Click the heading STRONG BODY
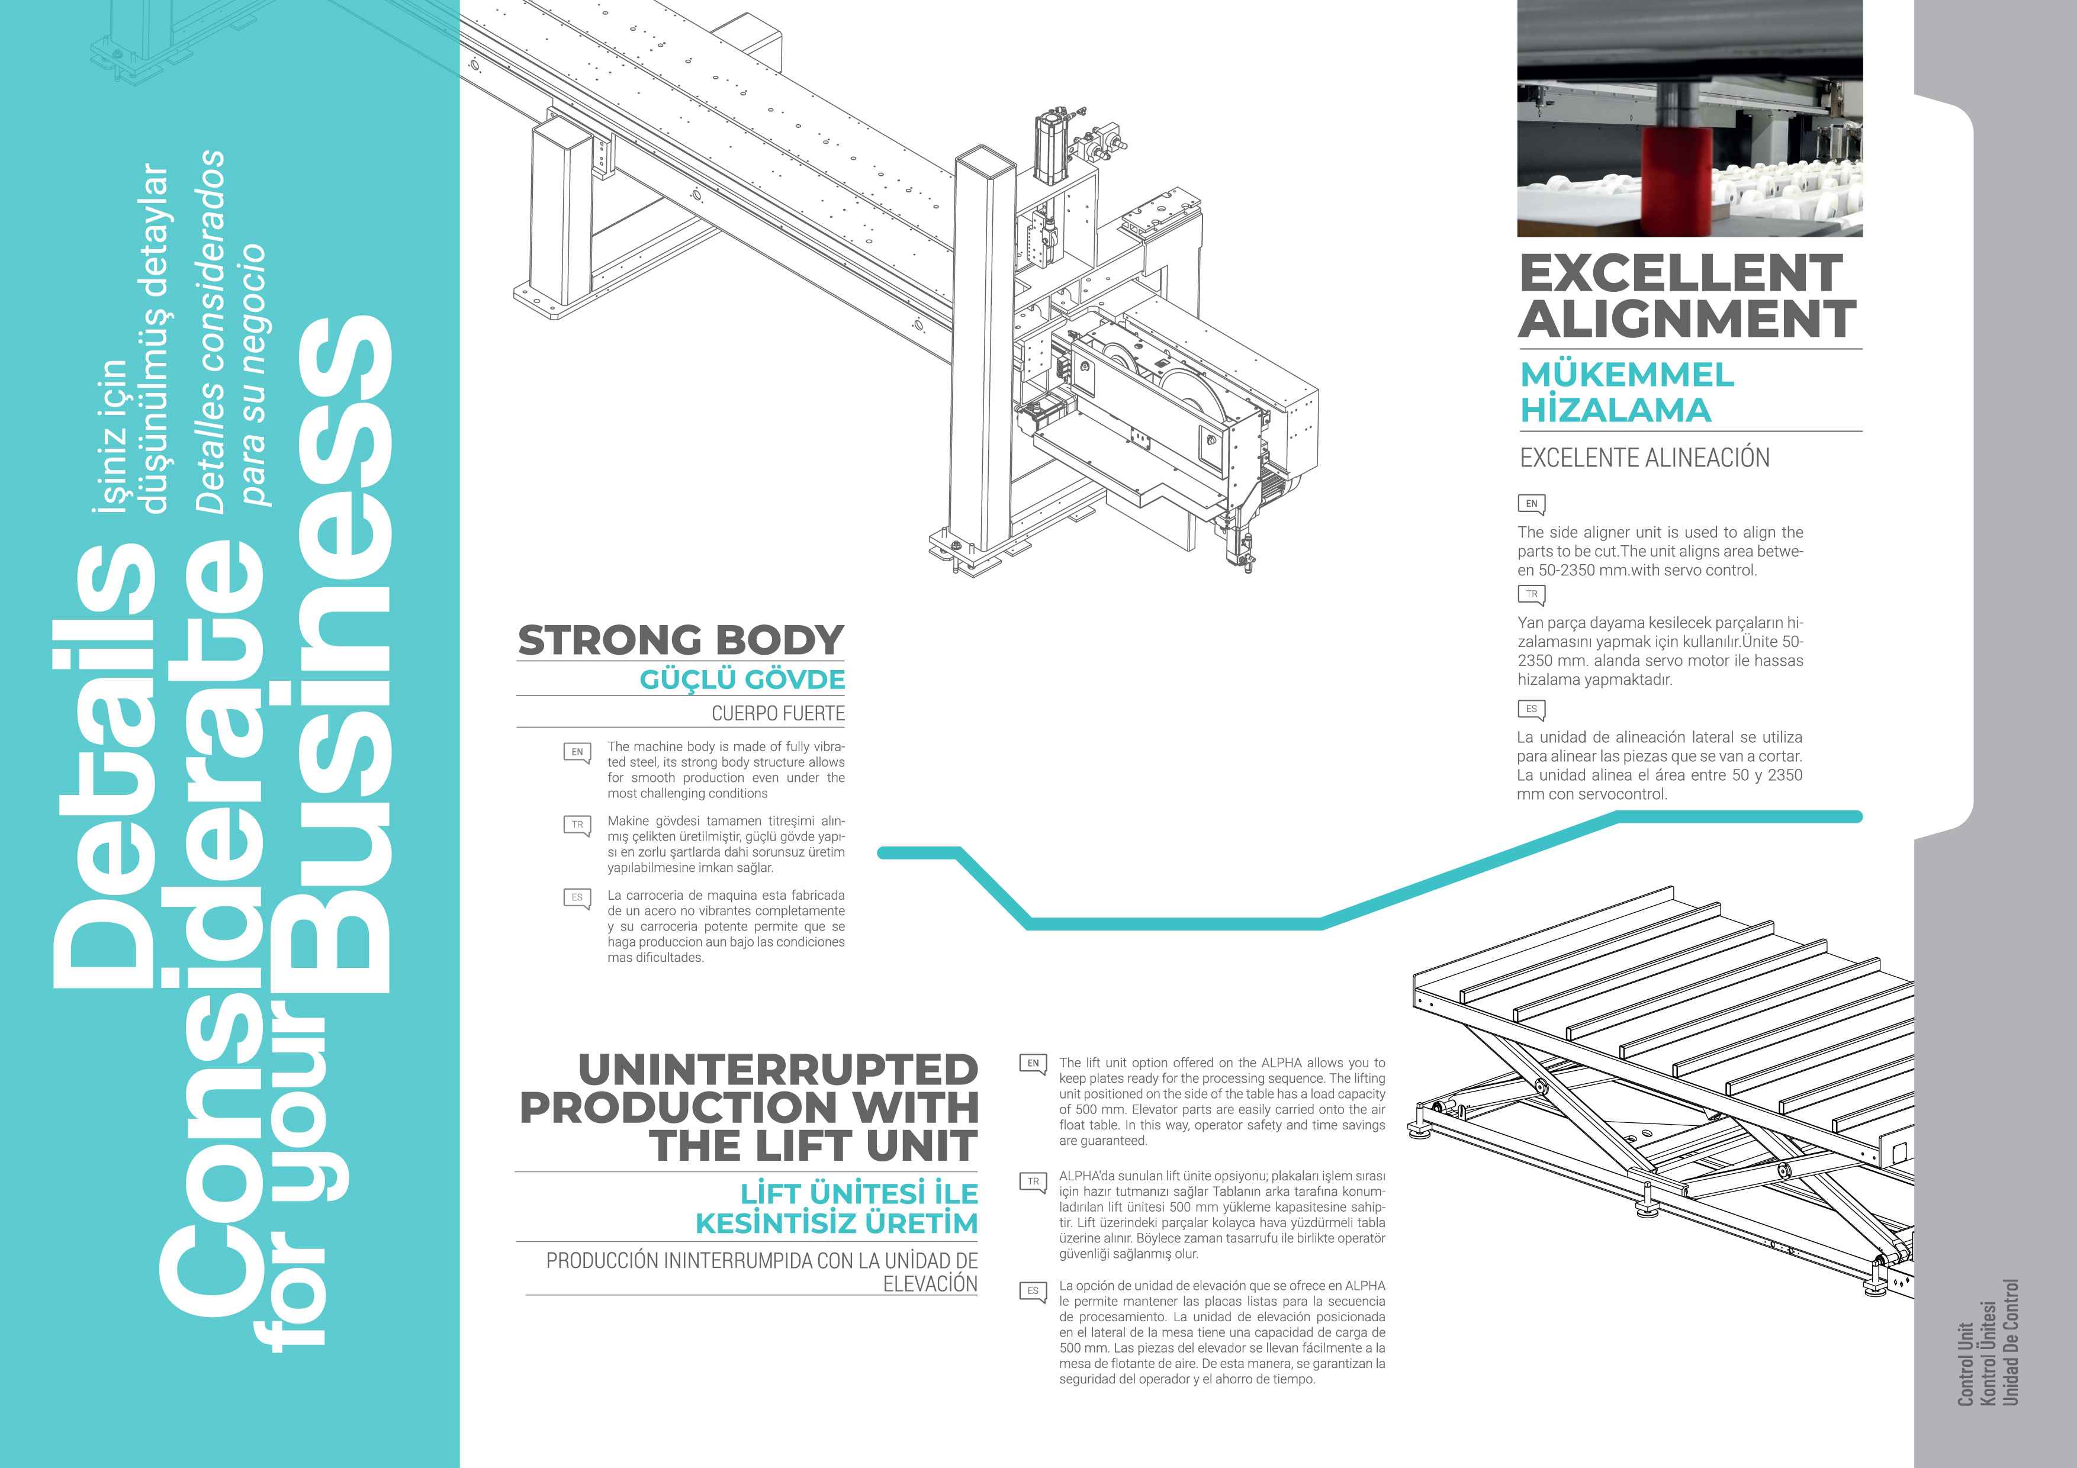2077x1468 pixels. [x=680, y=640]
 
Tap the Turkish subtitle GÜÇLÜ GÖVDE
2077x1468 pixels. [x=742, y=680]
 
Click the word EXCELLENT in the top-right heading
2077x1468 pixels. [x=1680, y=273]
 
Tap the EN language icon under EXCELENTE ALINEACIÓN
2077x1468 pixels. [x=1531, y=504]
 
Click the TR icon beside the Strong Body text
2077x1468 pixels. [x=576, y=825]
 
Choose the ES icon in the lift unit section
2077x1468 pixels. [x=1032, y=1291]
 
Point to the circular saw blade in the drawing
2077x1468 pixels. [x=1192, y=398]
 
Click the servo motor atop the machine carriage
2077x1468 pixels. [x=1053, y=144]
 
